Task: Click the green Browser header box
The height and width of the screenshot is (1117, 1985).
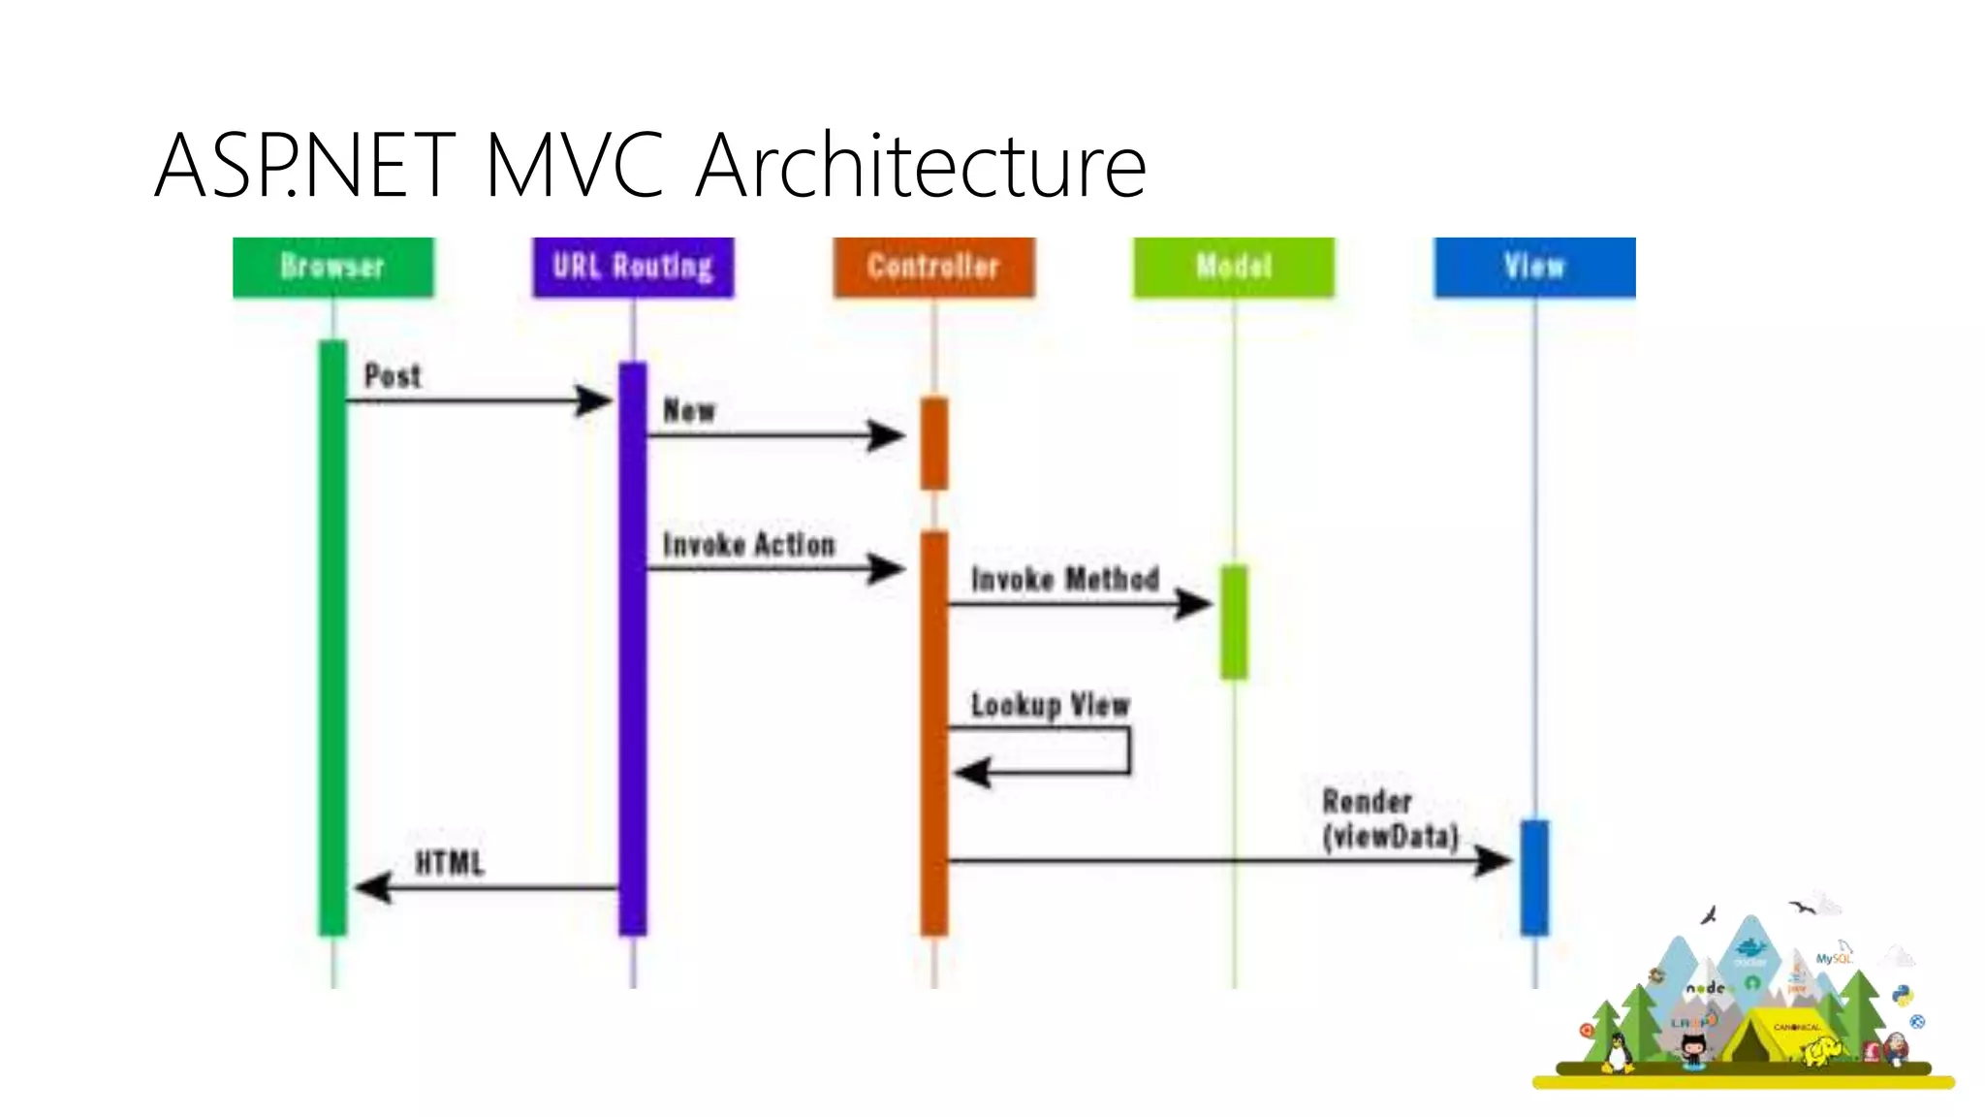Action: click(333, 267)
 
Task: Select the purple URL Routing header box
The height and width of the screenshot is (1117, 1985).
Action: click(633, 267)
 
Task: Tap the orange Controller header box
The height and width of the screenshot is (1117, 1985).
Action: click(933, 267)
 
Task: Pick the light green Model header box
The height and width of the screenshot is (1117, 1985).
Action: click(1234, 267)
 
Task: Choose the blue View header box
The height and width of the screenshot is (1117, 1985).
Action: click(1534, 267)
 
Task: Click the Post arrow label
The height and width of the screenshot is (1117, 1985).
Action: click(393, 376)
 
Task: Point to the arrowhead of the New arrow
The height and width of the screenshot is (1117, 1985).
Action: click(885, 435)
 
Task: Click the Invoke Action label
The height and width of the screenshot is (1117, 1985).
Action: click(748, 545)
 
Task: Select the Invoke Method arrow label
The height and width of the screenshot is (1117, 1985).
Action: click(1065, 580)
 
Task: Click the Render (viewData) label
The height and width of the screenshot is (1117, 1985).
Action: click(1390, 819)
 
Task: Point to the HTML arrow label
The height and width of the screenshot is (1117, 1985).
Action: click(449, 863)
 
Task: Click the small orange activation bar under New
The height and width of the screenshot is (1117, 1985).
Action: click(933, 443)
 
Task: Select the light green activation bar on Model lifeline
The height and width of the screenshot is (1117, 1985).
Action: click(1234, 622)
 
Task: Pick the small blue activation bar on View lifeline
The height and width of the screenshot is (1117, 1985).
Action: click(1534, 877)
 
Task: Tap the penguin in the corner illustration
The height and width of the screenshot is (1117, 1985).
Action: click(1616, 1053)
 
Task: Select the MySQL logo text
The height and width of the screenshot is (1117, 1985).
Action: click(1833, 959)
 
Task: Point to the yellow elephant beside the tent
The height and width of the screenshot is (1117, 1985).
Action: click(1822, 1051)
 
